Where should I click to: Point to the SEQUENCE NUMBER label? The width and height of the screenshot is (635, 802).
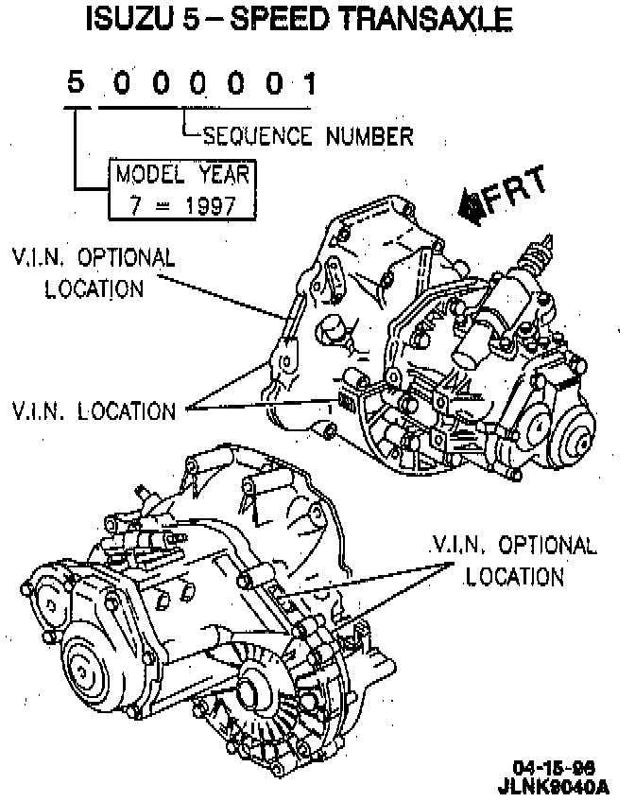click(x=308, y=136)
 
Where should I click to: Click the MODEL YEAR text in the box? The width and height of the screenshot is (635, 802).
click(x=183, y=174)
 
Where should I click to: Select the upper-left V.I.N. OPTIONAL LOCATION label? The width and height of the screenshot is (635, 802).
click(x=94, y=272)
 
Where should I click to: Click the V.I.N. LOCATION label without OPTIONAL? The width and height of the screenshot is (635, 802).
click(x=94, y=411)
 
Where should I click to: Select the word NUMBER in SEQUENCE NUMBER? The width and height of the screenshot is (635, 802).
click(x=369, y=136)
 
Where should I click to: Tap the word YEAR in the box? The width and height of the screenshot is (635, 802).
click(x=223, y=174)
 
